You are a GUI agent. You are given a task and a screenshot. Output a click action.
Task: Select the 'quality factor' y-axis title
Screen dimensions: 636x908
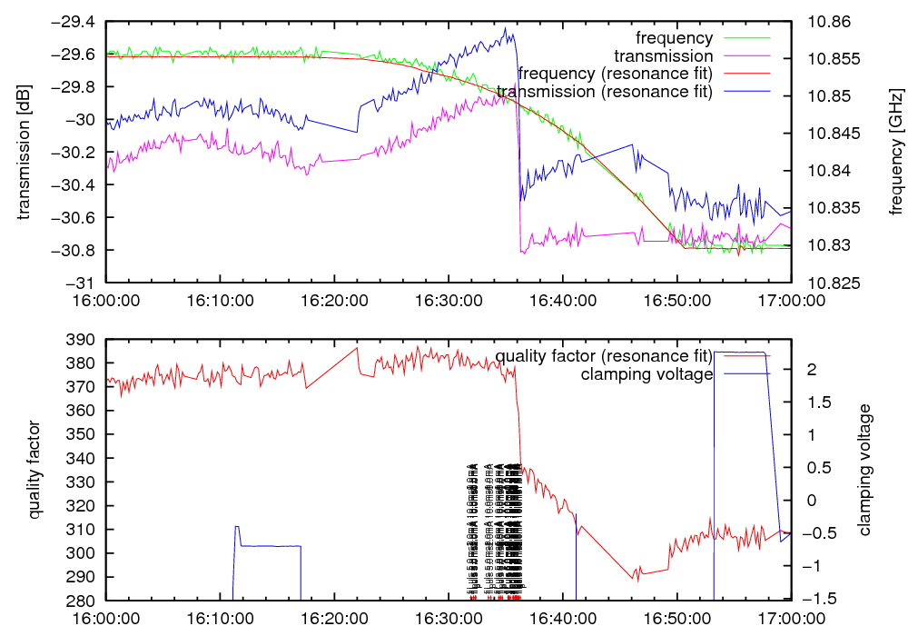tap(35, 470)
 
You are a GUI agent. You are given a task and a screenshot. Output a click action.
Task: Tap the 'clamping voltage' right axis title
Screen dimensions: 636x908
tap(864, 470)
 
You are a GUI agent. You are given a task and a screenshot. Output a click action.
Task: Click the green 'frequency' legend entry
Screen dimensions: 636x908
tap(675, 38)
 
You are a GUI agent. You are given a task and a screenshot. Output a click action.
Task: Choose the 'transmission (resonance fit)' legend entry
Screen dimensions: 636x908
tap(605, 91)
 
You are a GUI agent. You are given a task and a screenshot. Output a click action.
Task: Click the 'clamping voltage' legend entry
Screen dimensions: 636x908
tap(646, 374)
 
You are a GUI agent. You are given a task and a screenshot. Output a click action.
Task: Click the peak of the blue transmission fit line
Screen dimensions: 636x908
tap(505, 28)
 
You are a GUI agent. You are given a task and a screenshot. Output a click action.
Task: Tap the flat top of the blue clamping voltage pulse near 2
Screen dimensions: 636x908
tap(740, 353)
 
